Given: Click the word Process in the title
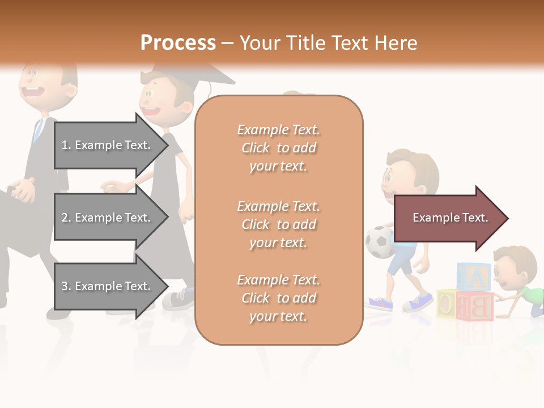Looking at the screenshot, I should tap(178, 42).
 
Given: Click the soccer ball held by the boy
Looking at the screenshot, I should tap(379, 242).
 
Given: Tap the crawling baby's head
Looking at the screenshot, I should tap(513, 266).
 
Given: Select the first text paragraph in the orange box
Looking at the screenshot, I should tap(278, 148).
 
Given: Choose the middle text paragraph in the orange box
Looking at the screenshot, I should tap(278, 224).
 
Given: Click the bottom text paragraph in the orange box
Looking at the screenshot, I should tap(278, 298).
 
